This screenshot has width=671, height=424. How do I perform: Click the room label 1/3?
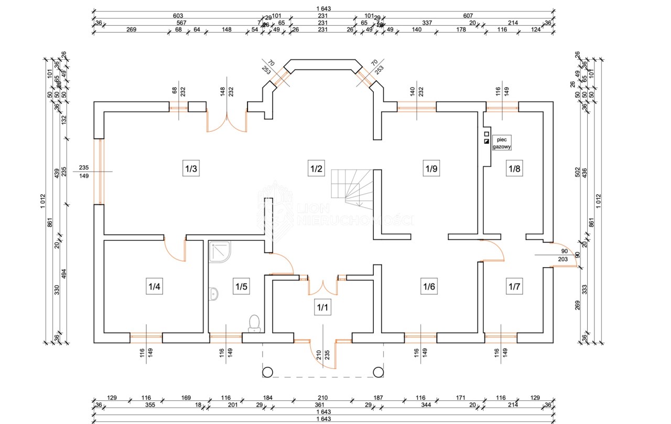[191, 169]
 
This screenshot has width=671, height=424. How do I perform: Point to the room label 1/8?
[514, 169]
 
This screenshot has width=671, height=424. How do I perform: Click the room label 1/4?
[154, 287]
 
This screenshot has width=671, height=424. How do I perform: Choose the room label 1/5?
[241, 287]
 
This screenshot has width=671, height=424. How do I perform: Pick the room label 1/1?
[322, 307]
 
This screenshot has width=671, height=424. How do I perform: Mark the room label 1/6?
[429, 287]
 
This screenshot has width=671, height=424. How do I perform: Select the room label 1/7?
[514, 287]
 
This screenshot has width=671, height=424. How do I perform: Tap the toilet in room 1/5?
[255, 323]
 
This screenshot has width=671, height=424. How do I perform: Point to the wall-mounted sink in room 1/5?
[213, 294]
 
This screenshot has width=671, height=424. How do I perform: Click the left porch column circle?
[267, 372]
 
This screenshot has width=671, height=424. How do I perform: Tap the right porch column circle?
[377, 372]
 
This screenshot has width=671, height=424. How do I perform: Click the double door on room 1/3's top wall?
[227, 121]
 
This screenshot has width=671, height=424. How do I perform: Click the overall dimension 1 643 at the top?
[323, 9]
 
